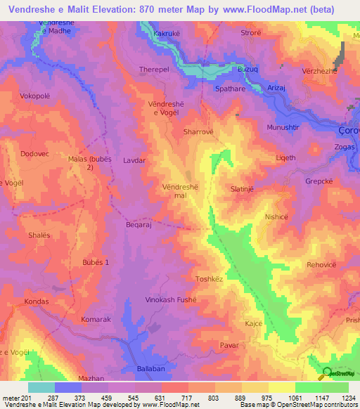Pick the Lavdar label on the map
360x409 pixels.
[134, 160]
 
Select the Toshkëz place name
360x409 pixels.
[209, 279]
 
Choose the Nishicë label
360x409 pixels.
[276, 217]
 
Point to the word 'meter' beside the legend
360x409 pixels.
[11, 398]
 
